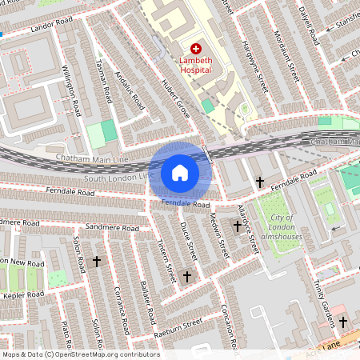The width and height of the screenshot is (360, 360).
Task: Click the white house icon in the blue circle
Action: (x=180, y=172)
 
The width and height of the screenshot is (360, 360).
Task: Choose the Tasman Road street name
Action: (x=102, y=81)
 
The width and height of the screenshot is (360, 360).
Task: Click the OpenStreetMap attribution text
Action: (x=80, y=354)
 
